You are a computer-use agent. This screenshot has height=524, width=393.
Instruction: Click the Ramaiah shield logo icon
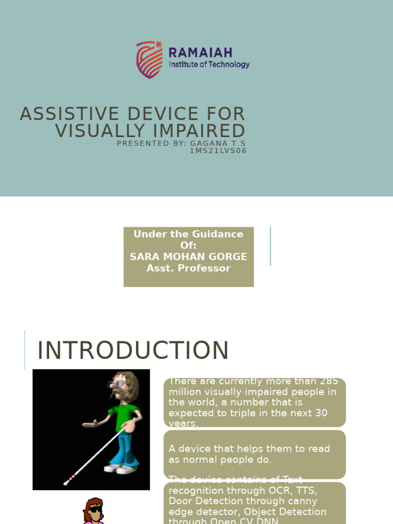(149, 59)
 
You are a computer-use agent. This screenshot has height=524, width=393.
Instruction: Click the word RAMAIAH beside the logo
(200, 52)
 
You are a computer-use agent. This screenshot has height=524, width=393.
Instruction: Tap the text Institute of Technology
(209, 64)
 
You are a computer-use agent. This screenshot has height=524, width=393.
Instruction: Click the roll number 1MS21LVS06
(218, 151)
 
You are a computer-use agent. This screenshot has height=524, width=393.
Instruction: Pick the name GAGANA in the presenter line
(207, 143)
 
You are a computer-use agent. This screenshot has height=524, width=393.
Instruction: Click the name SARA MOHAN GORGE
(188, 257)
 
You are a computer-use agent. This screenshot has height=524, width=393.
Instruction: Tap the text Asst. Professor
(188, 268)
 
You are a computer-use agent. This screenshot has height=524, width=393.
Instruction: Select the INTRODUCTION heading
(133, 351)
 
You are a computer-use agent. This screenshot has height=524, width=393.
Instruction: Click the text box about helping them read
(254, 454)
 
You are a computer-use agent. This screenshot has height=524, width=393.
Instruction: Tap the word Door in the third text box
(180, 501)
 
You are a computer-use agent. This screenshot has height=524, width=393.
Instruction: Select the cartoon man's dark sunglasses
(117, 384)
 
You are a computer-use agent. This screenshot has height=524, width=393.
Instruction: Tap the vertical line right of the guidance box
(270, 246)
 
